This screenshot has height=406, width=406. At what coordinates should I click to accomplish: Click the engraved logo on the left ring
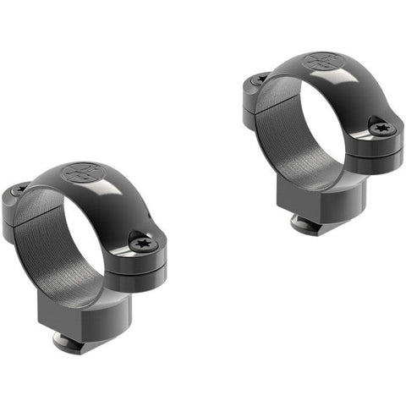81,173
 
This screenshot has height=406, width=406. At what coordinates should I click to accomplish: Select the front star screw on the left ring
141,244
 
